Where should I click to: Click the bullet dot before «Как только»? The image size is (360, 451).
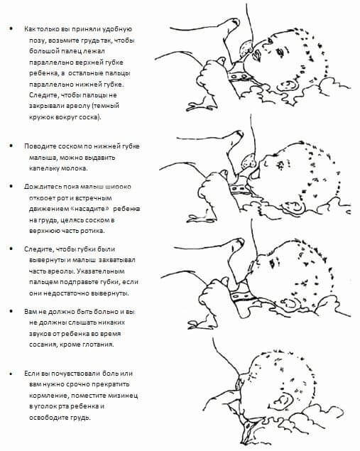(x=11, y=28)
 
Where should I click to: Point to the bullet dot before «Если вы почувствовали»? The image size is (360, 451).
(x=11, y=374)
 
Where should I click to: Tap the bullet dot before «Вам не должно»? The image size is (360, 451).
(x=11, y=311)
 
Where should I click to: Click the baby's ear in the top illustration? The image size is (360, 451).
(x=288, y=86)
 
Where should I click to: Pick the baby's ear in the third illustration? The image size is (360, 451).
(x=290, y=303)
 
